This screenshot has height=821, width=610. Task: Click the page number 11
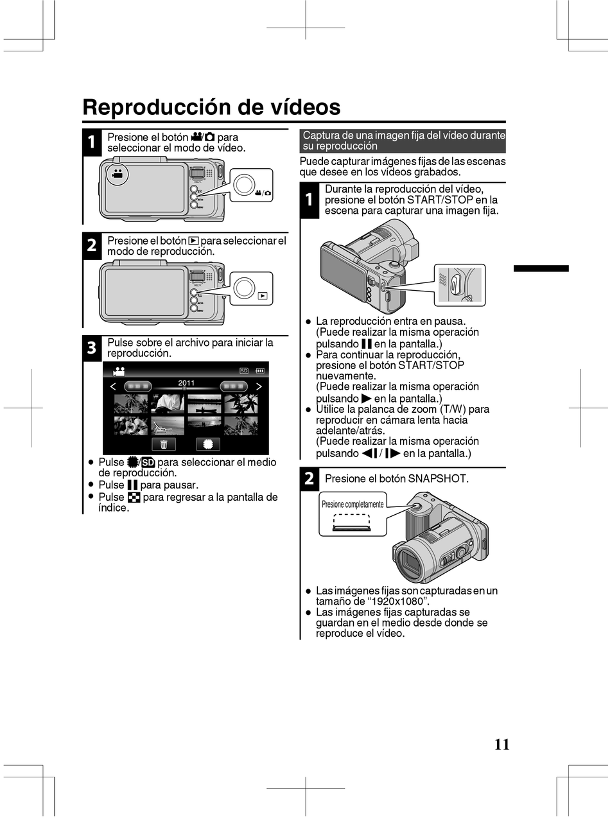[502, 745]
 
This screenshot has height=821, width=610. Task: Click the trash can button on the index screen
[164, 444]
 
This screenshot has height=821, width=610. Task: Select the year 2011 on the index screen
[186, 383]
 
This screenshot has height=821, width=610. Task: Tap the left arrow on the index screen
[114, 386]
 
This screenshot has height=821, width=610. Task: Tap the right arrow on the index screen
[259, 386]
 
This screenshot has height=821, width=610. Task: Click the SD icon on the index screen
[244, 370]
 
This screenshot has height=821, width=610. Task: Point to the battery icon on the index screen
[260, 370]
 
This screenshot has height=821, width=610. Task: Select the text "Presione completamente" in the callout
[353, 504]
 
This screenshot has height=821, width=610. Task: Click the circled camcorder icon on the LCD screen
[118, 173]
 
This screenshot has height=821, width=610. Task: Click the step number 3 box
[91, 348]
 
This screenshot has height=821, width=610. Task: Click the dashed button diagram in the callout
[351, 523]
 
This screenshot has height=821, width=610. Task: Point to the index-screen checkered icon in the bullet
[134, 497]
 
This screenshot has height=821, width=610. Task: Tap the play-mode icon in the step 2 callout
[263, 296]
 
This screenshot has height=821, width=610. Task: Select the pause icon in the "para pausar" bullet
[132, 485]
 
